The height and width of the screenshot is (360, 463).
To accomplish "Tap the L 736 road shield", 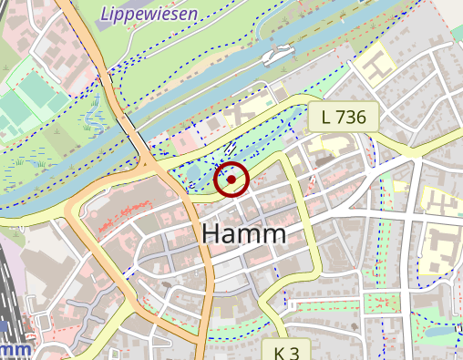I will pyautogui.click(x=344, y=116).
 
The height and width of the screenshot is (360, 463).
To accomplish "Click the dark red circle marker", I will pyautogui.click(x=231, y=180).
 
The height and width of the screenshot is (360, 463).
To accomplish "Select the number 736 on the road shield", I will pyautogui.click(x=350, y=116).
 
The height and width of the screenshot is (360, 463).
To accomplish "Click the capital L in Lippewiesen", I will pyautogui.click(x=106, y=14).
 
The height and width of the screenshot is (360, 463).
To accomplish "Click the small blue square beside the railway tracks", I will pyautogui.click(x=5, y=324).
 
